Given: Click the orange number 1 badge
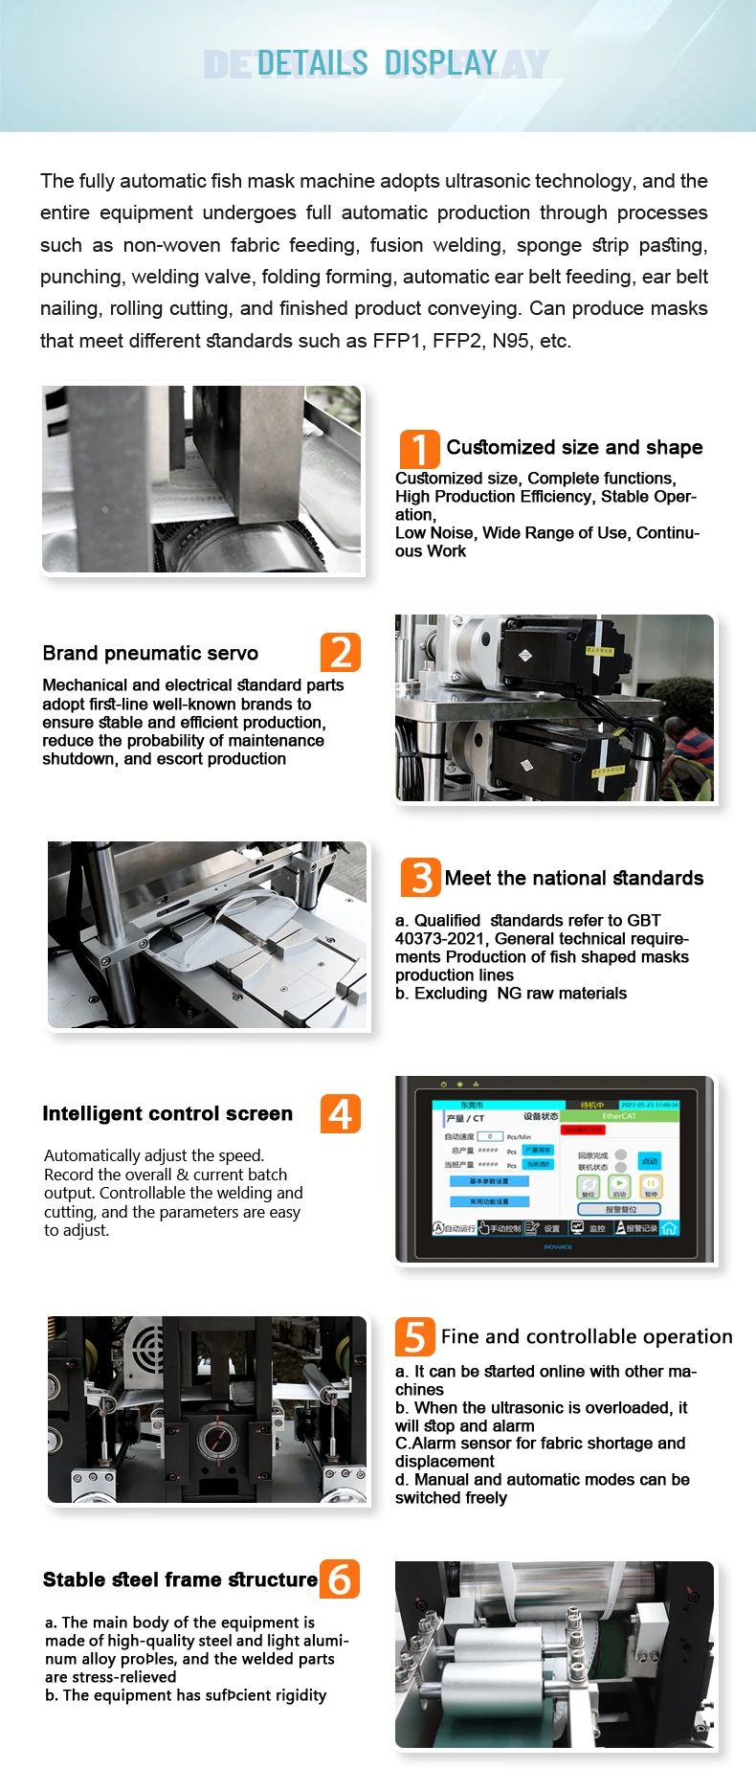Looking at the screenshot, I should (x=419, y=449).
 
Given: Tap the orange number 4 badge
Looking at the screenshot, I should (x=341, y=1113).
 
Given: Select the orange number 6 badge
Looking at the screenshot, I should (x=340, y=1578).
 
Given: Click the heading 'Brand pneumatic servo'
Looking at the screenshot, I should (x=150, y=653).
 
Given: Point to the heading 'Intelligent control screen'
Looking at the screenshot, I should (x=167, y=1113).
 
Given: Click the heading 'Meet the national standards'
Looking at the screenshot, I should (x=573, y=878).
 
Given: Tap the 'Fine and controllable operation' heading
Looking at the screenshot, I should (x=586, y=1336).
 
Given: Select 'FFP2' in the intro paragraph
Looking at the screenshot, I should (x=457, y=341).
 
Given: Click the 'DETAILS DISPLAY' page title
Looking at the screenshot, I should (x=377, y=64).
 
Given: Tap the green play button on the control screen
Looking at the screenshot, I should (x=619, y=1185).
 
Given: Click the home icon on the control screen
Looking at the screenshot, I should (x=669, y=1228).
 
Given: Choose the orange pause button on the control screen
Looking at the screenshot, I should (x=651, y=1185).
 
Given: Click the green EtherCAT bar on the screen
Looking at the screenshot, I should (x=618, y=1116).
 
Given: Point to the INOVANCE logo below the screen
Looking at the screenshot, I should (x=557, y=1246).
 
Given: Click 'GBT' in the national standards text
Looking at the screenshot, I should (x=644, y=920).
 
